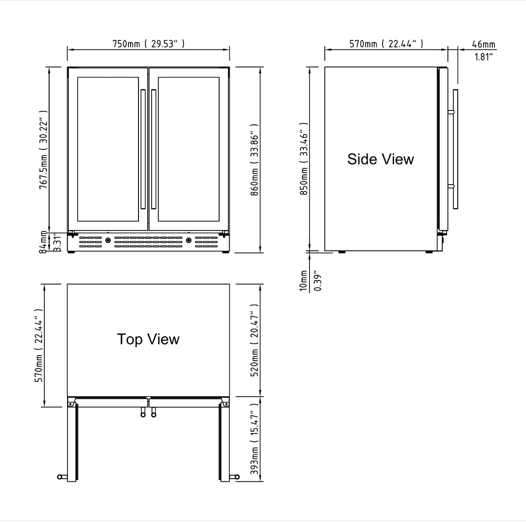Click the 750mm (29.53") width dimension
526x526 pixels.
148,44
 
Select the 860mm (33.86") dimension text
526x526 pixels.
255,160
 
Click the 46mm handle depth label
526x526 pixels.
483,44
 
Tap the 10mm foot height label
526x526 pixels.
303,281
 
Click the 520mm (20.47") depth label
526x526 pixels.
255,339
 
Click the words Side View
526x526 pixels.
380,159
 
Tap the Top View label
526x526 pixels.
148,339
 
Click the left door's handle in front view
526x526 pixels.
143,149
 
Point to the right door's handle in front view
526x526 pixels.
153,149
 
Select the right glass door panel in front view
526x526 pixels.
188,149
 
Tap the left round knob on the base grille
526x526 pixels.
108,240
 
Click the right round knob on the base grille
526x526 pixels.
188,240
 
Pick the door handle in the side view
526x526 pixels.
455,149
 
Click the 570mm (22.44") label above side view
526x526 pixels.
386,44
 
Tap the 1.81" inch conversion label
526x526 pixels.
483,57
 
